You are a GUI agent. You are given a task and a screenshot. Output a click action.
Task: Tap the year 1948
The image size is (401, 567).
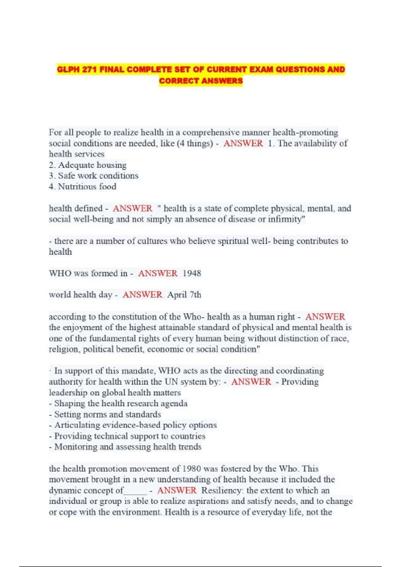[192, 273]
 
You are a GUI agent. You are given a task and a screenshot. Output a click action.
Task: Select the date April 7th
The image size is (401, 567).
[184, 295]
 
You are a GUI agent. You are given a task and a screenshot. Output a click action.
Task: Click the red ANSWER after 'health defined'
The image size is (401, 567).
[132, 208]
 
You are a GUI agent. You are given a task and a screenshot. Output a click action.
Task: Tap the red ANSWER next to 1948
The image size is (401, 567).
[158, 273]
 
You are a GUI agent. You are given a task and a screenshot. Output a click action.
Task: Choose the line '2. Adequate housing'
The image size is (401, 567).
[88, 165]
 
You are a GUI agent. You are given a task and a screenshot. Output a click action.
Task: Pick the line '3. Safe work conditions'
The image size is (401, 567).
[94, 176]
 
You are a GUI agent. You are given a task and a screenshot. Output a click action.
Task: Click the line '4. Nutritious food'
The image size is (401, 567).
[83, 187]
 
